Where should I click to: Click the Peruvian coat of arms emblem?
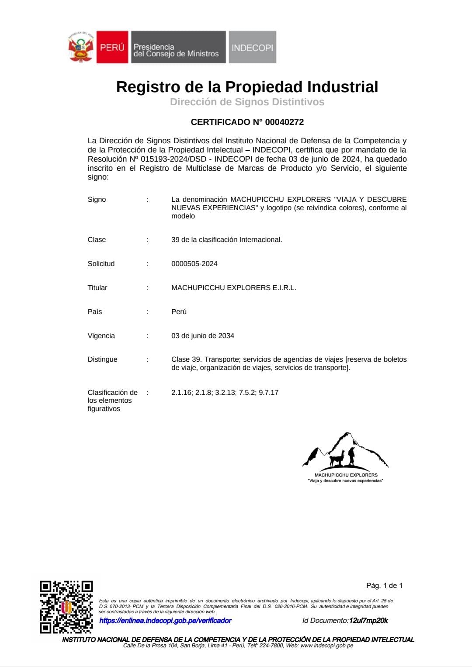point(81,47)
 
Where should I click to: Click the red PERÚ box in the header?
point(112,47)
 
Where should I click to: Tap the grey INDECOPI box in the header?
point(252,47)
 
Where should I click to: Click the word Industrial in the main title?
point(342,87)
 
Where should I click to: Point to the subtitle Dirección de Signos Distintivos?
point(247,102)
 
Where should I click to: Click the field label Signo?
point(97,200)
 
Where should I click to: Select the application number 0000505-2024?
point(194,264)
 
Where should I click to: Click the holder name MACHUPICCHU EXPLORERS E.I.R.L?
point(233,288)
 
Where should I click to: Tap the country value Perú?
point(179,312)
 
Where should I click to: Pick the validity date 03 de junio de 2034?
point(202,336)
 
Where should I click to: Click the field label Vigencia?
point(101,336)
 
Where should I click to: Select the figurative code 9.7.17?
point(268,393)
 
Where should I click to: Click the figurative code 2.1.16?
point(181,393)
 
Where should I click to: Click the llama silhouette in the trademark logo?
point(337,459)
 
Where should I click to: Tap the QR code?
point(66,607)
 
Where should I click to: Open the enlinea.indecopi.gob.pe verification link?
point(165,621)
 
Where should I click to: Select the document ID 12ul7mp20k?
point(368,621)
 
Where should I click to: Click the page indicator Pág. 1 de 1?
point(384,586)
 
